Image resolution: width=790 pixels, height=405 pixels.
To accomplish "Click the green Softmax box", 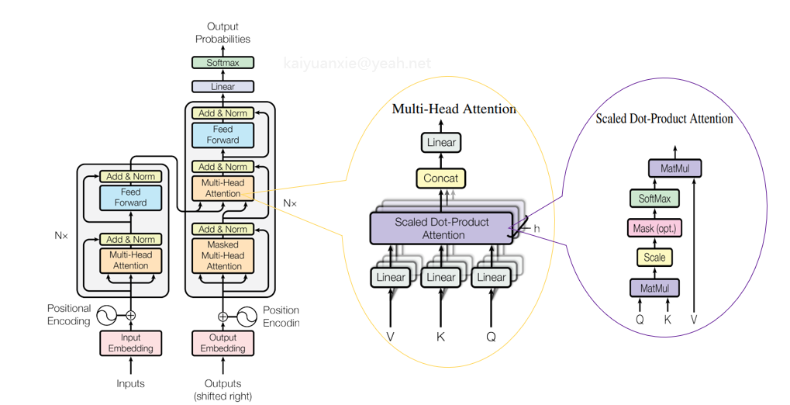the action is click(223, 63).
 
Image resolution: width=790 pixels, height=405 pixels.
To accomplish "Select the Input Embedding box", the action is click(130, 343).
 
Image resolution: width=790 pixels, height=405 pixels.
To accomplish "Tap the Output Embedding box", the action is click(223, 343).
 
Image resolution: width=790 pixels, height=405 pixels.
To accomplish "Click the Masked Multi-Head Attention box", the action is click(223, 255).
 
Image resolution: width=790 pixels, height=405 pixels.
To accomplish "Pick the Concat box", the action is click(441, 178).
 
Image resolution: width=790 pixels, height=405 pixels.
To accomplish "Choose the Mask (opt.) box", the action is click(654, 228).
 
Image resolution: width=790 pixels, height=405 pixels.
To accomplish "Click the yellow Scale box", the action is click(654, 258).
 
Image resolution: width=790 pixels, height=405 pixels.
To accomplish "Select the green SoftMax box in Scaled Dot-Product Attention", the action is click(654, 198).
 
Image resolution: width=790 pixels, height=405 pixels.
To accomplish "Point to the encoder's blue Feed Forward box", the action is click(130, 198).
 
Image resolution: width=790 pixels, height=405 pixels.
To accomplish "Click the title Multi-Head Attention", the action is click(454, 109).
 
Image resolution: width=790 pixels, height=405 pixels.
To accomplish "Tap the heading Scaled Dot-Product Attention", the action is click(664, 119).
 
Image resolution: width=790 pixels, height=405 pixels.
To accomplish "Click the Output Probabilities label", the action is click(223, 33).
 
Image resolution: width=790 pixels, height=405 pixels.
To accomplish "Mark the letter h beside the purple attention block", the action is click(536, 228).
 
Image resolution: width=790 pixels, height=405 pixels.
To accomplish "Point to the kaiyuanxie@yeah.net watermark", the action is click(357, 63).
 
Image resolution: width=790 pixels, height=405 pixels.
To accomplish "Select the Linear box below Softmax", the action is click(223, 86).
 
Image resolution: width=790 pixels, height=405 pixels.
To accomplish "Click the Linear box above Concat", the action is click(441, 142).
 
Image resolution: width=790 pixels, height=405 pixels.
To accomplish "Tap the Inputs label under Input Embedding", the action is click(130, 383).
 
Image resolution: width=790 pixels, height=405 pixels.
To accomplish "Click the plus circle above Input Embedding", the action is click(130, 316).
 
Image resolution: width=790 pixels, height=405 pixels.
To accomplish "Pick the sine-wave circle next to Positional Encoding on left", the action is click(107, 316).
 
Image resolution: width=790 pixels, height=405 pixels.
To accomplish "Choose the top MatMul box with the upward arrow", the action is click(674, 168).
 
